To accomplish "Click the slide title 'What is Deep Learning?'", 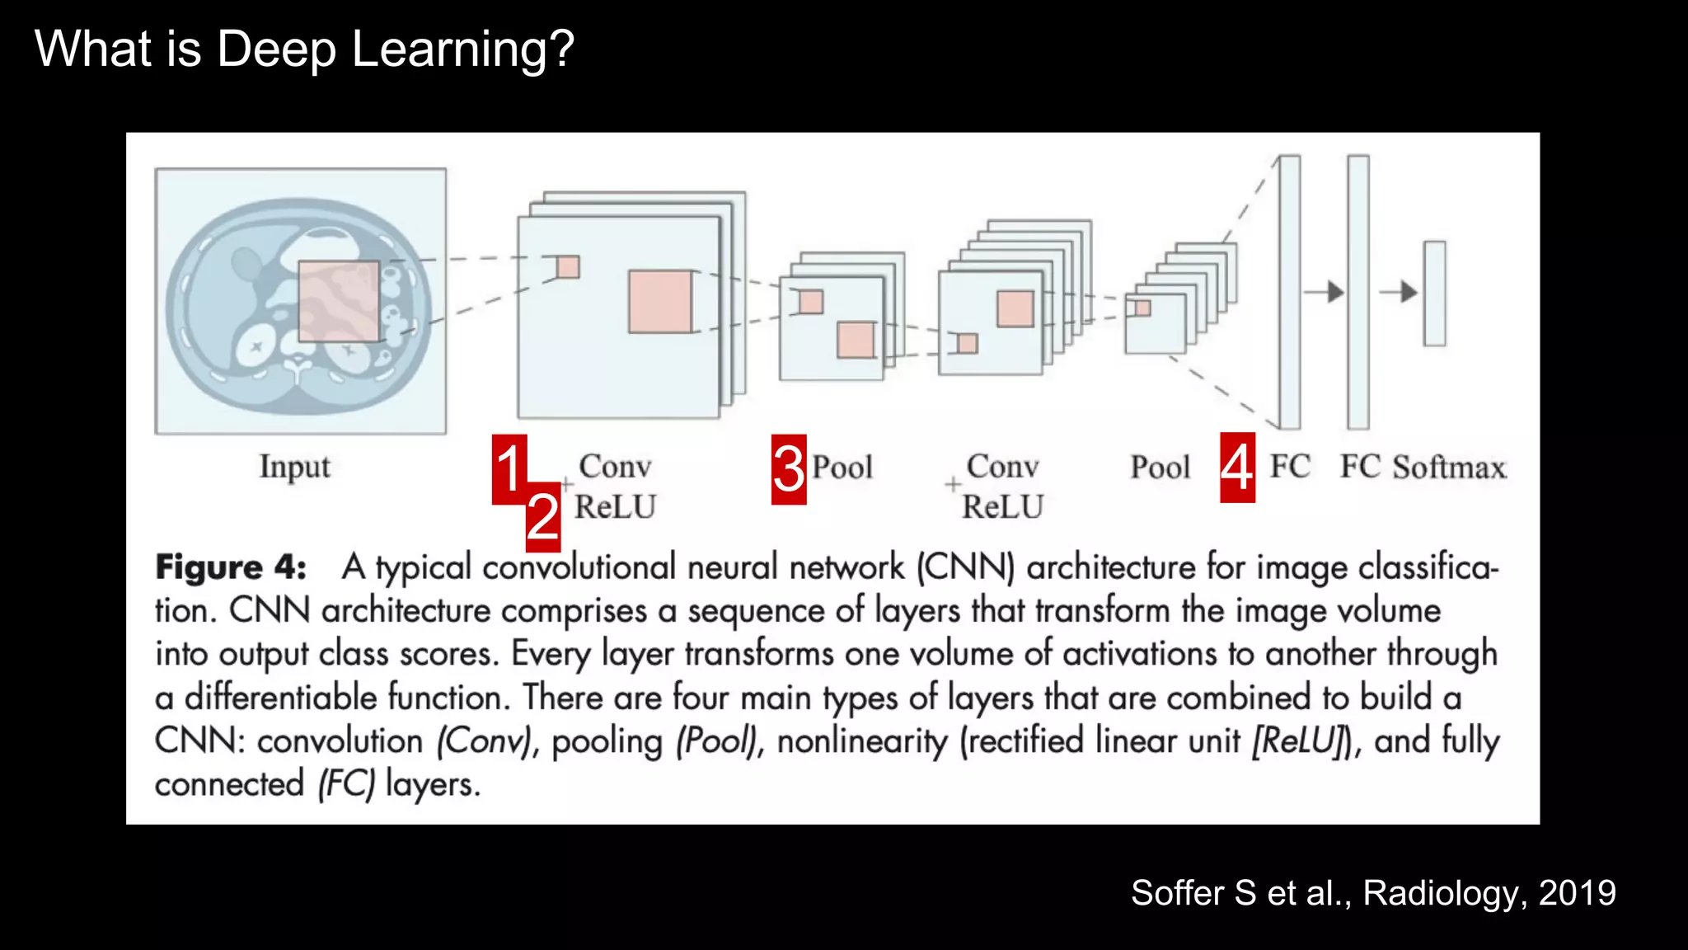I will pyautogui.click(x=304, y=49).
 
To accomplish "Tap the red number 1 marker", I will pyautogui.click(x=509, y=468).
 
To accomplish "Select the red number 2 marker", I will pyautogui.click(x=543, y=517).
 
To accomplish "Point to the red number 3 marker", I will pyautogui.click(x=789, y=468).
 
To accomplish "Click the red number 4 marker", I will pyautogui.click(x=1237, y=468).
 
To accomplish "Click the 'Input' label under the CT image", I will pyautogui.click(x=294, y=467).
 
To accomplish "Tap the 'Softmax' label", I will pyautogui.click(x=1449, y=468).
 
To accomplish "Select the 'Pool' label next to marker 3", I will pyautogui.click(x=842, y=468).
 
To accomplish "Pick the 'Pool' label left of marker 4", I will pyautogui.click(x=1160, y=468).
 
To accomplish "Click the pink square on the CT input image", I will pyautogui.click(x=339, y=301).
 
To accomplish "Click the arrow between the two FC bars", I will pyautogui.click(x=1325, y=291).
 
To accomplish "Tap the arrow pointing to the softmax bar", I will pyautogui.click(x=1399, y=291).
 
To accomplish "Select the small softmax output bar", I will pyautogui.click(x=1434, y=293).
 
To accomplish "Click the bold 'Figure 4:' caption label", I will pyautogui.click(x=231, y=567).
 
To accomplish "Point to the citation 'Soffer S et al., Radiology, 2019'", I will pyautogui.click(x=1373, y=893).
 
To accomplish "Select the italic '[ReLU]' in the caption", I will pyautogui.click(x=1297, y=741).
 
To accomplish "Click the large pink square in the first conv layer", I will pyautogui.click(x=660, y=302).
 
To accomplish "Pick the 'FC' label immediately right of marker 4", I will pyautogui.click(x=1290, y=467).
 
